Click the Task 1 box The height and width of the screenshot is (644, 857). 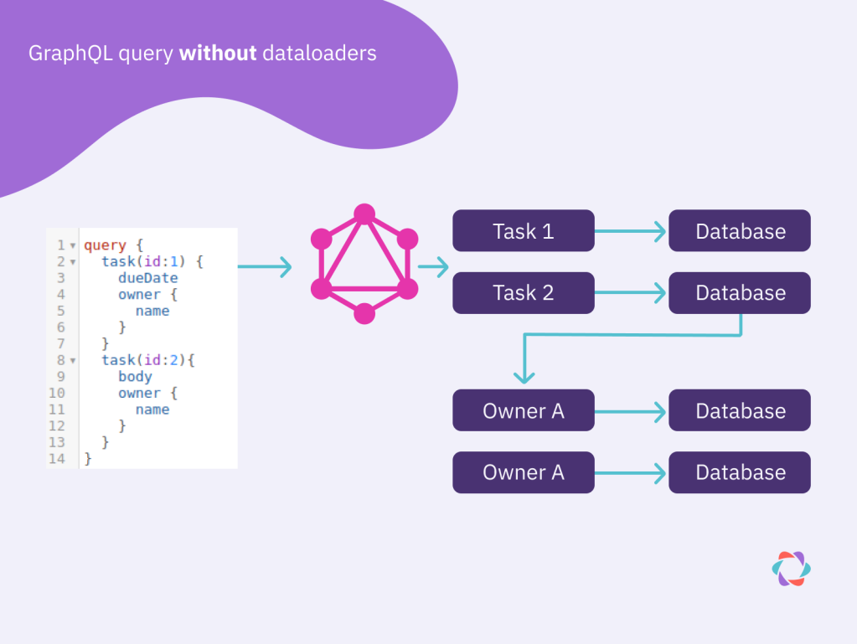click(x=523, y=231)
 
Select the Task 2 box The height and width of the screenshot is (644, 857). click(x=523, y=293)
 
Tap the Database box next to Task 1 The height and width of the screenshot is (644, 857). click(x=740, y=231)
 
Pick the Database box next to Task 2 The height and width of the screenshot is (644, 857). click(x=740, y=293)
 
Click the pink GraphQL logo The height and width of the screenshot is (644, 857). click(x=364, y=264)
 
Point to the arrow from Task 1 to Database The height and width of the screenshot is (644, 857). click(x=631, y=231)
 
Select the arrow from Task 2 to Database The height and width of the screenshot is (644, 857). click(x=631, y=293)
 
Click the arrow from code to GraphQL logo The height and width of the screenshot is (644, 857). click(x=265, y=267)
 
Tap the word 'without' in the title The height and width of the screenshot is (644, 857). click(x=218, y=54)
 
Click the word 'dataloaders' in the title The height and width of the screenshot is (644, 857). click(x=319, y=54)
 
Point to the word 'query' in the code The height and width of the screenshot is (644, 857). click(x=105, y=245)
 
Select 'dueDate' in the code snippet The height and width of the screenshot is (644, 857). click(x=147, y=278)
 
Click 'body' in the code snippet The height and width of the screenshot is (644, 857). click(x=135, y=377)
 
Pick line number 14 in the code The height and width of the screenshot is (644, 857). click(x=57, y=459)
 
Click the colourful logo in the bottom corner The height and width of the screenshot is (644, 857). click(x=791, y=569)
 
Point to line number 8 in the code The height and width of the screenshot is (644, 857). click(x=61, y=360)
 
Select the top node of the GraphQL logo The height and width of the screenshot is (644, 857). click(x=364, y=215)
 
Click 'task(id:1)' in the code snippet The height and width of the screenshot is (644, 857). click(x=147, y=262)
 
